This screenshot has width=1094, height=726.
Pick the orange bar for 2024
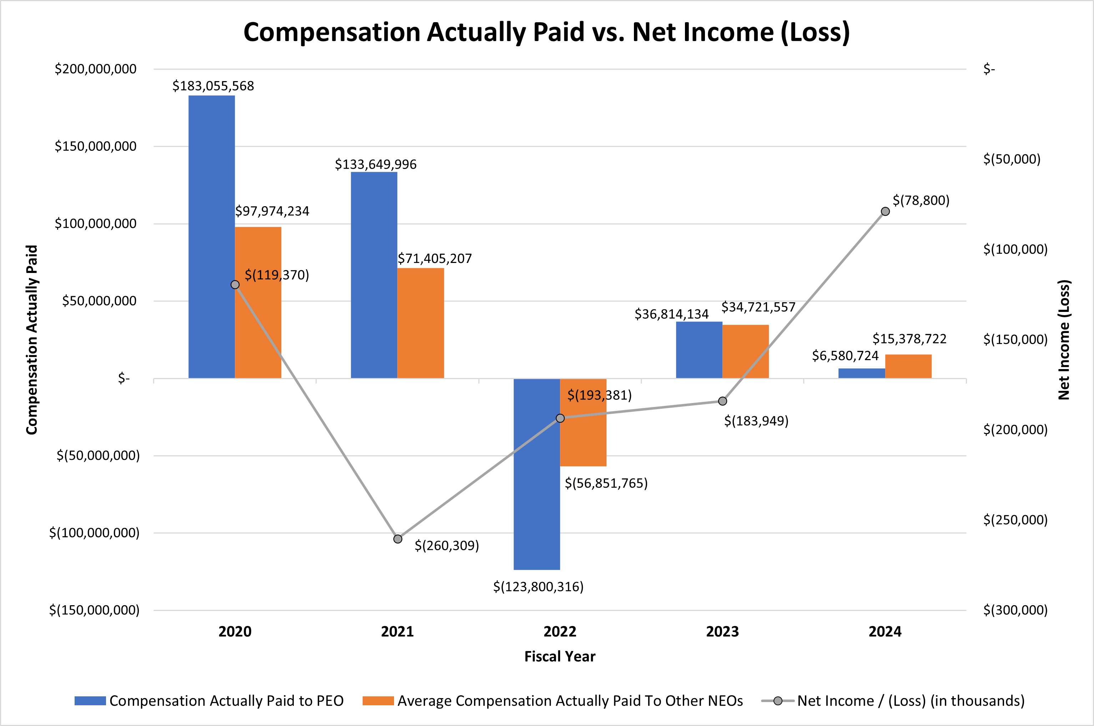point(908,366)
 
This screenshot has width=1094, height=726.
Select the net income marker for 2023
point(722,401)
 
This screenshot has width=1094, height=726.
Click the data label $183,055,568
point(213,86)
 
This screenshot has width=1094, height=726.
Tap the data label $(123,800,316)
point(538,587)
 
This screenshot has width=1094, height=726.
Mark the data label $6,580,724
point(845,355)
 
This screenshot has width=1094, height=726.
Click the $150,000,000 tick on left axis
point(96,146)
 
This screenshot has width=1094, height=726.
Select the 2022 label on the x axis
point(560,632)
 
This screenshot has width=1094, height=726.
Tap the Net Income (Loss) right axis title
point(1064,339)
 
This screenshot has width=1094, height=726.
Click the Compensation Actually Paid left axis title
point(31,339)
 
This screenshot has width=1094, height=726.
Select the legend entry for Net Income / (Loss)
point(910,701)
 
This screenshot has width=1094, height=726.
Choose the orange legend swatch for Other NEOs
point(378,701)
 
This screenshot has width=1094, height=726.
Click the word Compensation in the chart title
point(331,33)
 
